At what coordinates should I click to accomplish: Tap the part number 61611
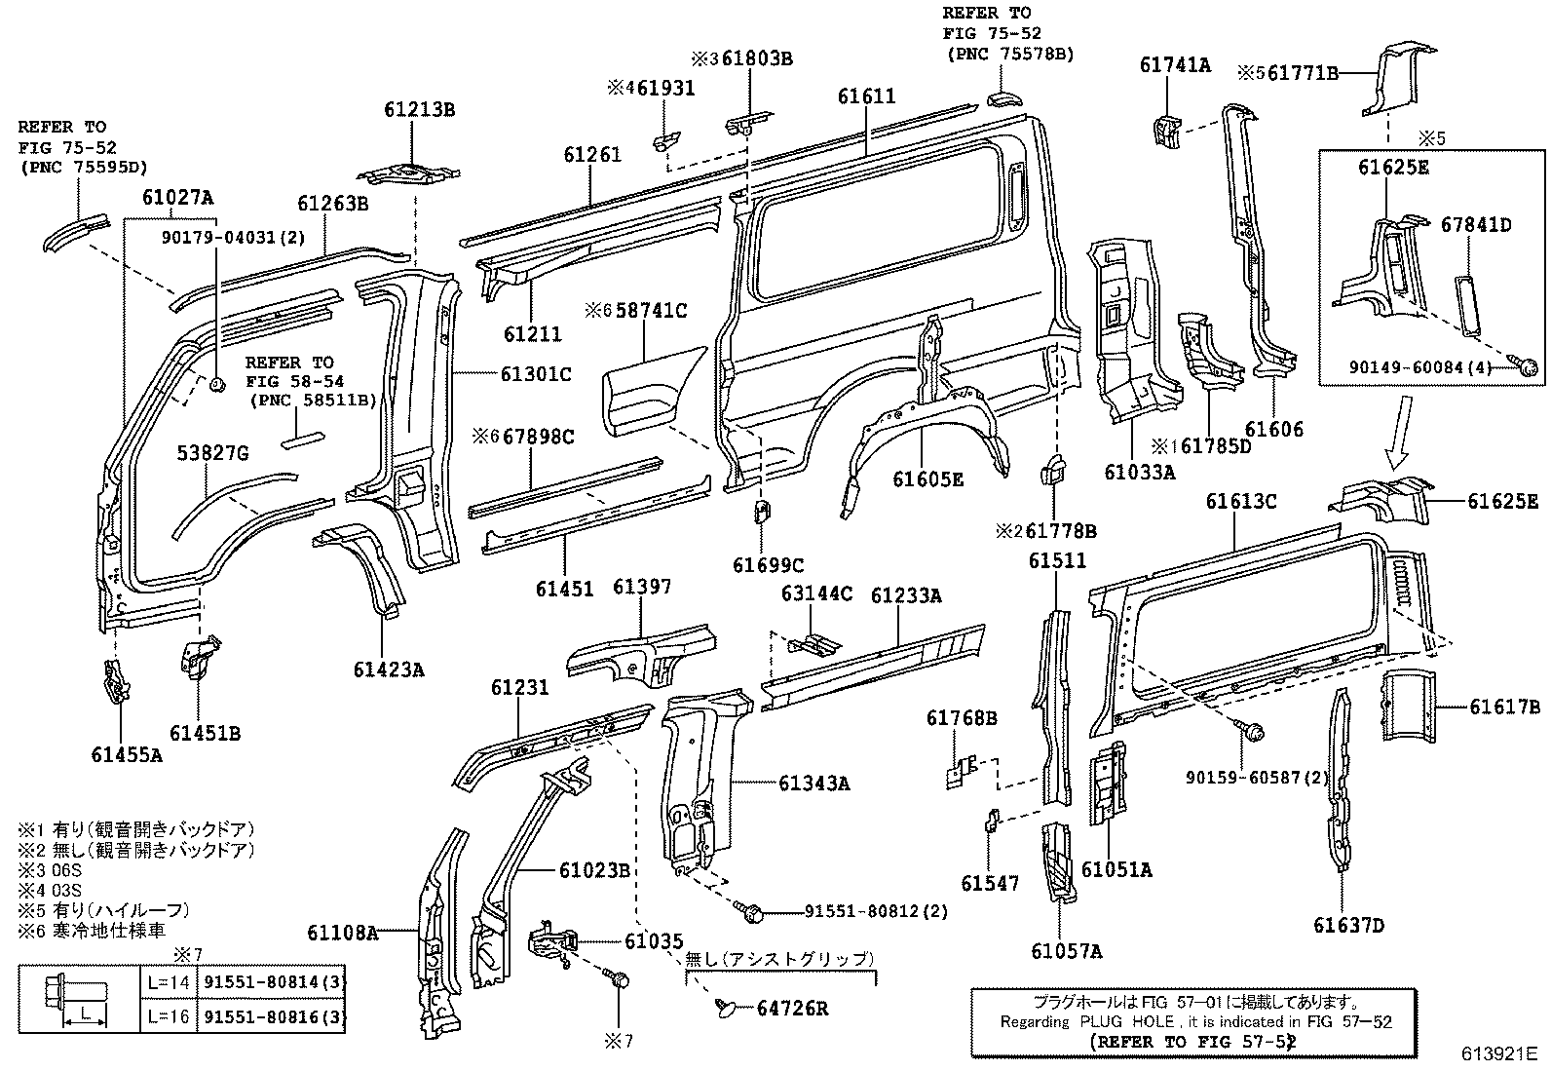866,96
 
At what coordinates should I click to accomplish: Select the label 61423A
389,669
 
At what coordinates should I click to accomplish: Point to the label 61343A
813,783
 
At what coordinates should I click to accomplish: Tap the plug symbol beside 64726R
727,1007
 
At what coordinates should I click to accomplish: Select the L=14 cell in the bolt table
169,983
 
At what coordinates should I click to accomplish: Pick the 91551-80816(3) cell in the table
275,1017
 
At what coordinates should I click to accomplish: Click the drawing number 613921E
1497,1053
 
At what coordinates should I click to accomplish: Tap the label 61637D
1347,925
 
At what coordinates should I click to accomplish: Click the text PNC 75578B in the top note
1014,55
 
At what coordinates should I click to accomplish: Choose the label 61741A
1174,65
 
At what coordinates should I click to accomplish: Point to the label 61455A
127,753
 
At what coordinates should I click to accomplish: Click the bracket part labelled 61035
553,943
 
